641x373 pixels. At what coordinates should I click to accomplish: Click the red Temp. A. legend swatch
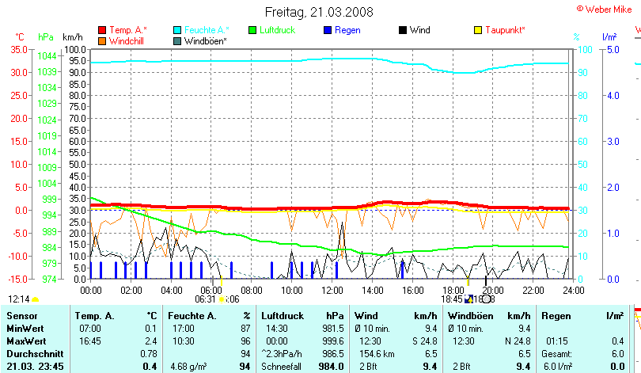(x=102, y=30)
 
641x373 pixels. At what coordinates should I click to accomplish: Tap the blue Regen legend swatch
(x=328, y=30)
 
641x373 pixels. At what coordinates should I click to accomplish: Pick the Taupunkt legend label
(x=506, y=30)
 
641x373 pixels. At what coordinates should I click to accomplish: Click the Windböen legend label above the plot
(x=207, y=40)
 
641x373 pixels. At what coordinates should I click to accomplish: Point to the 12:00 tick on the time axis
(x=332, y=290)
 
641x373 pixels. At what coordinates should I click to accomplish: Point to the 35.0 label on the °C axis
(x=18, y=49)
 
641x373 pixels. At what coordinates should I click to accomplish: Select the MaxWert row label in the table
(x=25, y=341)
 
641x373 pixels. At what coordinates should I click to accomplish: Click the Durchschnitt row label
(x=33, y=353)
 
